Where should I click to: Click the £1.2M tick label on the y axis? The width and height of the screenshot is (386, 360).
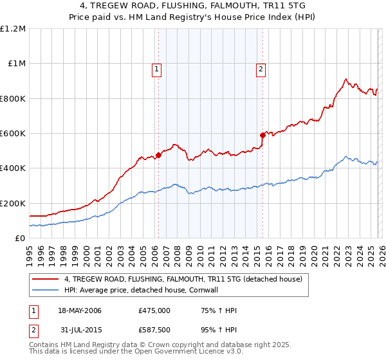[13, 29]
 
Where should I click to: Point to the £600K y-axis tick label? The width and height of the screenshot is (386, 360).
[13, 134]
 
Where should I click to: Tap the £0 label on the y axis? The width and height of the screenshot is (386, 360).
[20, 239]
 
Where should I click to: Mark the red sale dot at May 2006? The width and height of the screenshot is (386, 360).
[158, 155]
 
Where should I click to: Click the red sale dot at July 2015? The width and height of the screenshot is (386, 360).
[262, 135]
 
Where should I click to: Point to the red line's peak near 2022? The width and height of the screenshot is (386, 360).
[345, 79]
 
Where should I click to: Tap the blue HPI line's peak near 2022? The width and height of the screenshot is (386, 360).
[346, 156]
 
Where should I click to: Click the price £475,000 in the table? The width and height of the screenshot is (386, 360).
[154, 310]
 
